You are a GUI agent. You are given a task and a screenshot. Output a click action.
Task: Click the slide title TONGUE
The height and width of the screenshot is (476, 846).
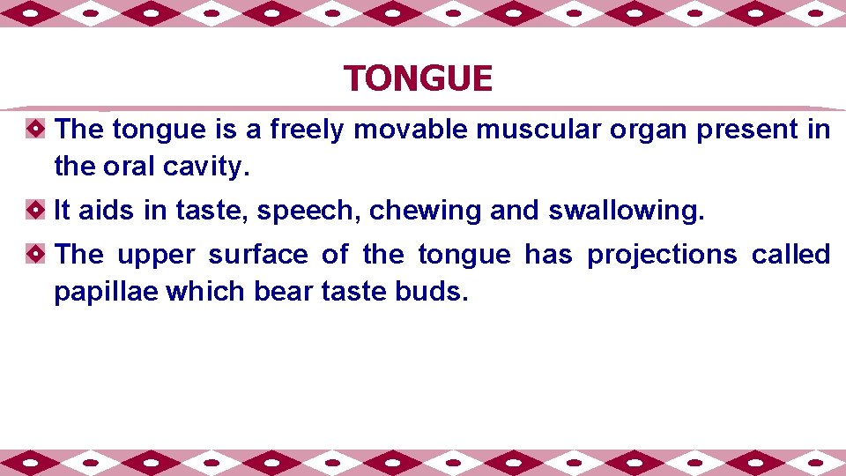(419, 79)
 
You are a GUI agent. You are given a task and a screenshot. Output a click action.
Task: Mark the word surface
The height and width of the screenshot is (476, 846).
(258, 255)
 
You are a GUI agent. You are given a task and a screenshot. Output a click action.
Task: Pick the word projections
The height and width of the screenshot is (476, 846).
(662, 256)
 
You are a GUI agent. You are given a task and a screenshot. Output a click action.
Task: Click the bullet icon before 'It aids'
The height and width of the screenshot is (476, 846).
(33, 211)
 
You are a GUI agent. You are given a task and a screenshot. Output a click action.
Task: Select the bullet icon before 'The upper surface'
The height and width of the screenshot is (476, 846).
(33, 255)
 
